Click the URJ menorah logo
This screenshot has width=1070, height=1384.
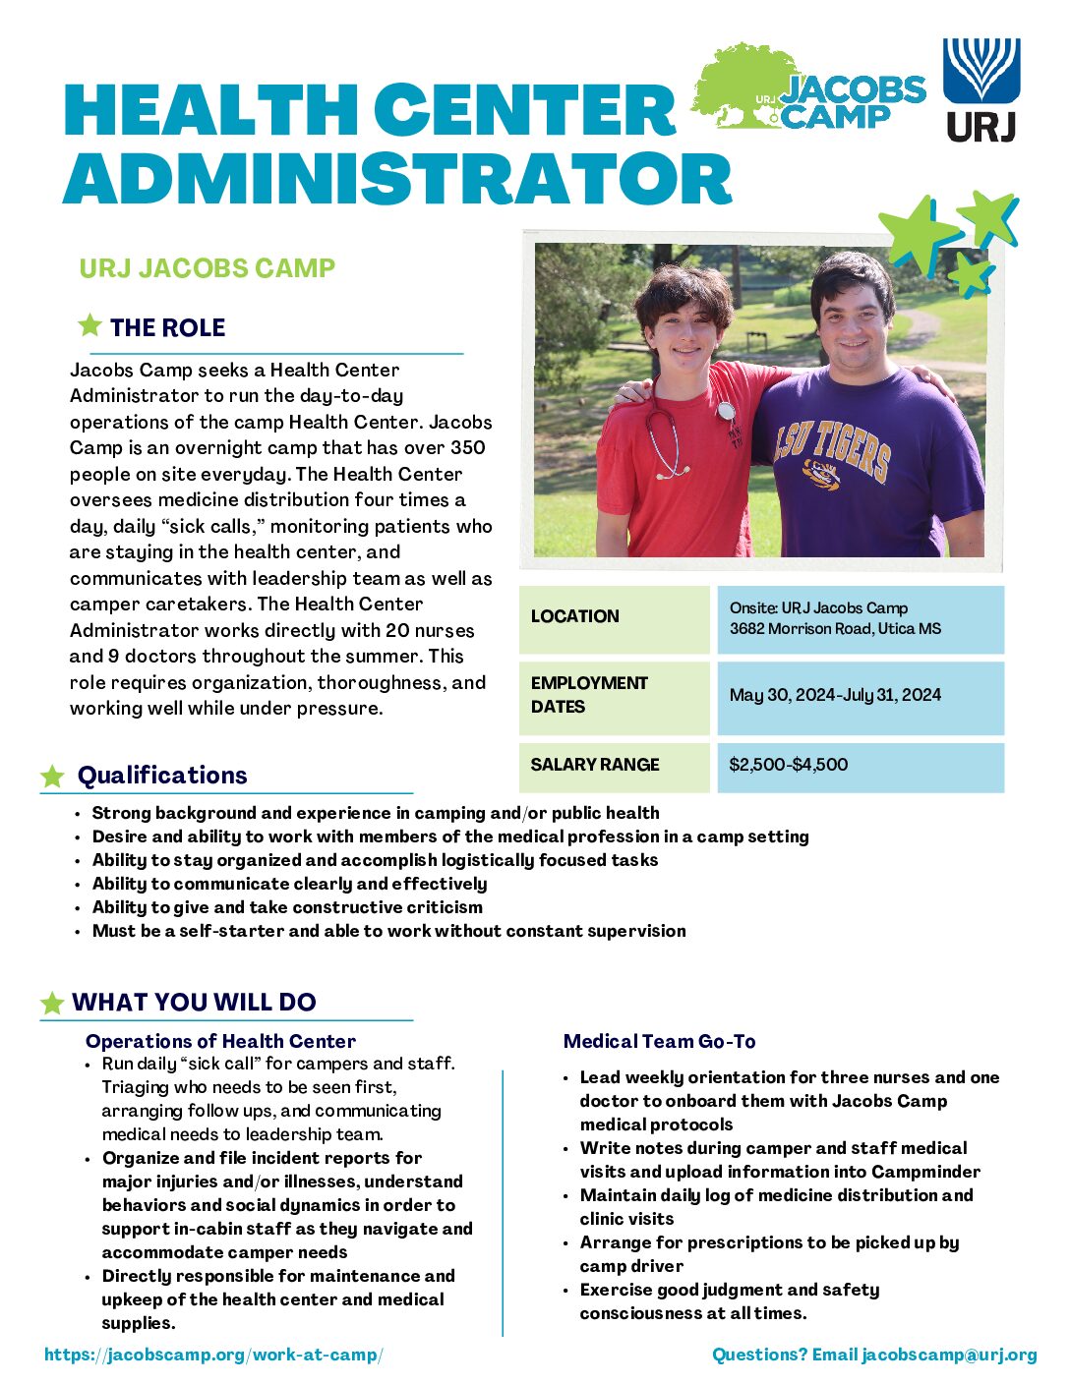[981, 71]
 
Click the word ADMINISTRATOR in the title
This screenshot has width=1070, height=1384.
[397, 179]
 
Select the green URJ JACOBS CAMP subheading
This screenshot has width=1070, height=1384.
[208, 268]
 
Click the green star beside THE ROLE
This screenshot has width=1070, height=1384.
[89, 325]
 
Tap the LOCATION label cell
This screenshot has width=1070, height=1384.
[575, 616]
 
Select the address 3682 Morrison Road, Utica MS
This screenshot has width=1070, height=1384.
[835, 629]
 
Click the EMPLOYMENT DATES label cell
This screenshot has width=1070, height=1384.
[589, 695]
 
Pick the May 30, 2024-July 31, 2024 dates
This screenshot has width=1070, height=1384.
[835, 695]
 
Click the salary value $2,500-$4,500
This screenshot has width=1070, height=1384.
[788, 765]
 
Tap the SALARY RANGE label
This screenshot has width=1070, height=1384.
[595, 765]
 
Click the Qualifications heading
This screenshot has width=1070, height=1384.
[162, 776]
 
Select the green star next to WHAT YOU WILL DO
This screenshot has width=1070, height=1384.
[52, 1003]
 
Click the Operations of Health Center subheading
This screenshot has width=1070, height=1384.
[220, 1041]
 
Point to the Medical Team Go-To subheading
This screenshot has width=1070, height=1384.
[659, 1041]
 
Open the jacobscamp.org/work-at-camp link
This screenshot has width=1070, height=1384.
[213, 1355]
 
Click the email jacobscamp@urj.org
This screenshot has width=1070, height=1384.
[949, 1355]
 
